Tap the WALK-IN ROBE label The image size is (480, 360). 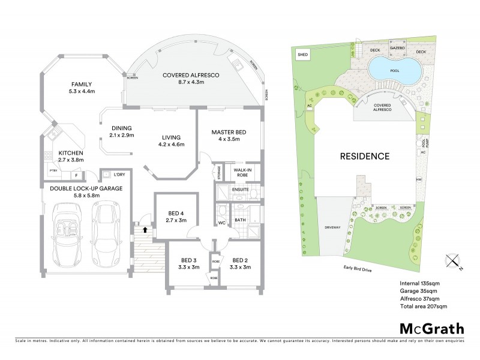coord(242,173)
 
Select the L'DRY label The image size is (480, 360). coord(120,175)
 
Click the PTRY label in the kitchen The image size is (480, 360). coord(53,175)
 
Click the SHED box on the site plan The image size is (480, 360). coord(301,55)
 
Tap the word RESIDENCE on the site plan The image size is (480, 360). coord(365,157)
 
